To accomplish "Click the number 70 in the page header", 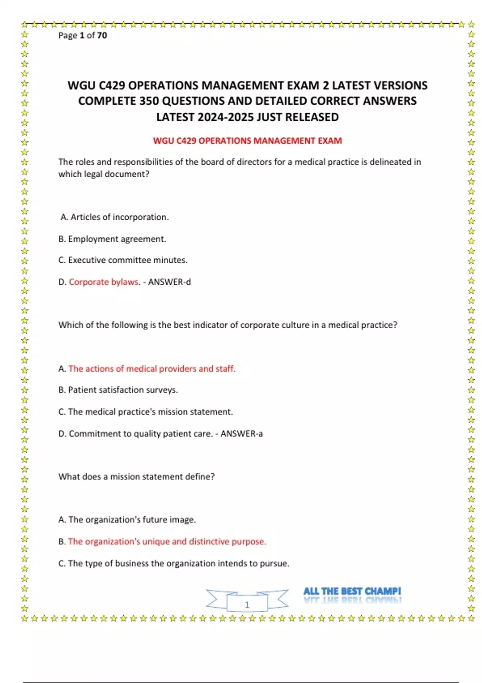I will [102, 35].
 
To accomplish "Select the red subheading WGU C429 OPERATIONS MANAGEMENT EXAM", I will [247, 141].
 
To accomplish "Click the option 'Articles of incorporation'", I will [119, 217].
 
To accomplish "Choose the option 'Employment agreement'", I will [117, 239].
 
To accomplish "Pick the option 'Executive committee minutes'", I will [127, 260].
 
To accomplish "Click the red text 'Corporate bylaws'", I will [104, 282].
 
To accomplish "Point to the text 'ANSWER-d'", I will [170, 282].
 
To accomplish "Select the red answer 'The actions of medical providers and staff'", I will [152, 369].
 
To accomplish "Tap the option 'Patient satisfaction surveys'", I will [123, 390].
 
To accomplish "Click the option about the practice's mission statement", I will [150, 412].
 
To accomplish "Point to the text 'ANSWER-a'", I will [241, 434].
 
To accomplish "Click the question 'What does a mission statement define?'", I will [137, 477].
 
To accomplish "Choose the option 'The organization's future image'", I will [132, 520].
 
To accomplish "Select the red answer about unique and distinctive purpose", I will [167, 542].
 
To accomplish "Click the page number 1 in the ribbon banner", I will [247, 605].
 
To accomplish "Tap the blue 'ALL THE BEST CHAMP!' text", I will [352, 591].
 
